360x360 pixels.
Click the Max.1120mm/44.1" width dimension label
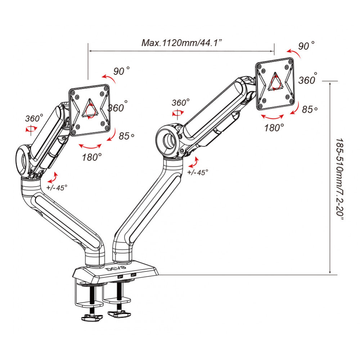click(x=181, y=43)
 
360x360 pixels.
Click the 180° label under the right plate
click(x=274, y=127)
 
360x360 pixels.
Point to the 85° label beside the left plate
click(x=126, y=136)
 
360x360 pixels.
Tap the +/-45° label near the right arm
click(x=198, y=172)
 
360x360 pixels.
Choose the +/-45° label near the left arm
click(x=57, y=187)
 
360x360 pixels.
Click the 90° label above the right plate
click(x=306, y=46)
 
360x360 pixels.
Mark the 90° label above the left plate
click(x=121, y=71)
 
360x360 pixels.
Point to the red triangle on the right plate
click(x=275, y=82)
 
